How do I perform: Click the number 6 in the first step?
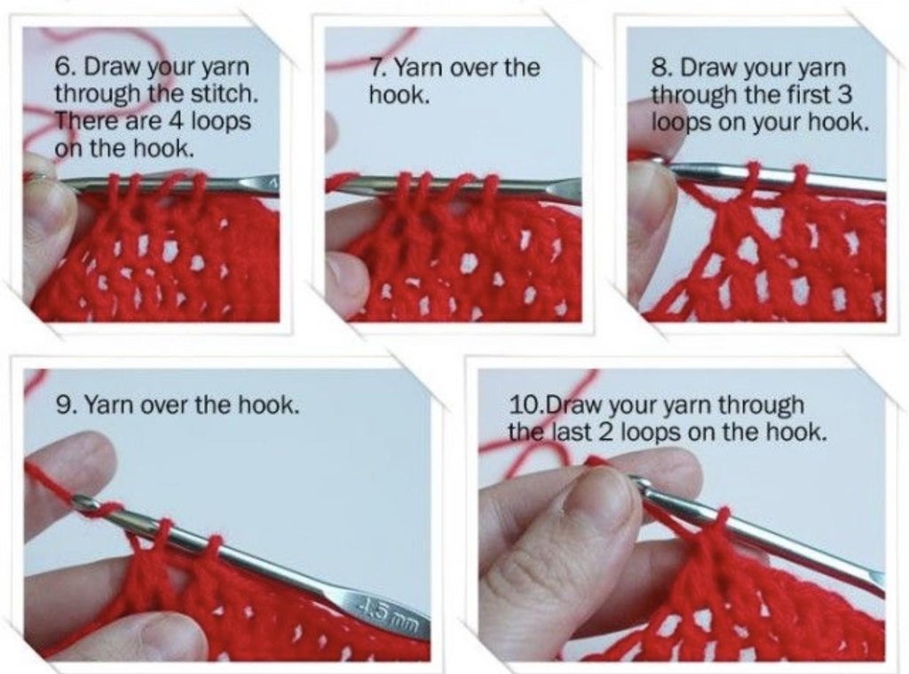(61, 68)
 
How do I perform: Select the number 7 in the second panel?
(375, 68)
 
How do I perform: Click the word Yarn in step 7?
(417, 68)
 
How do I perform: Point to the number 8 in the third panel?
(658, 68)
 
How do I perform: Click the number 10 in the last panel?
(525, 405)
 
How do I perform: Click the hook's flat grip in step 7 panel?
(555, 188)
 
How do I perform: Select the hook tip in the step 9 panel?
(83, 504)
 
